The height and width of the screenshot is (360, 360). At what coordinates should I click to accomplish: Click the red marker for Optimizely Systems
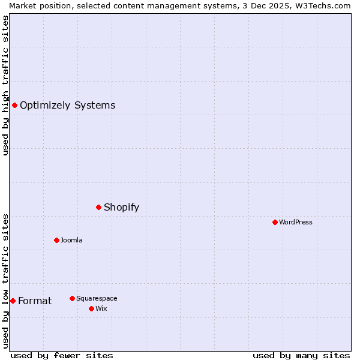pos(14,106)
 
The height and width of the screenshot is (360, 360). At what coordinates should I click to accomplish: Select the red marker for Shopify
pos(98,207)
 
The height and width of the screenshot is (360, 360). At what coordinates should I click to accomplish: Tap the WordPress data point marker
pos(275,222)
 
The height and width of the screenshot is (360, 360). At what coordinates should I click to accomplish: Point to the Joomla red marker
pos(56,240)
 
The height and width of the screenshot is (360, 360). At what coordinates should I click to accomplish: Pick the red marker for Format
pos(13,301)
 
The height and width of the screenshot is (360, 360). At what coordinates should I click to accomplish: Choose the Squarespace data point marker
pos(72,298)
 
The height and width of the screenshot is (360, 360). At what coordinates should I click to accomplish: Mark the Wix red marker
pos(91,308)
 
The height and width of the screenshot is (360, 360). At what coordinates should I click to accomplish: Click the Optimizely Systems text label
pos(67,106)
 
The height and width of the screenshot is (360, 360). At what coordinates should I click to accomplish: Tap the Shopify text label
pos(121,208)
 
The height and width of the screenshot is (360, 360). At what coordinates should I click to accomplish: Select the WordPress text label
pos(295,222)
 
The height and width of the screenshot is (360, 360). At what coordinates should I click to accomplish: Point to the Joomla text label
pos(71,240)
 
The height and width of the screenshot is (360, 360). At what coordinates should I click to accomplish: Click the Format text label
pos(35,301)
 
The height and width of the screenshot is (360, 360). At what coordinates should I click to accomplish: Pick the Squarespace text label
pos(97,298)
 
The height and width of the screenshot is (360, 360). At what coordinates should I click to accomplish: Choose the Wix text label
pos(101,308)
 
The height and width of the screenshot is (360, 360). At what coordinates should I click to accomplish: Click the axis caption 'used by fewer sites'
pos(62,355)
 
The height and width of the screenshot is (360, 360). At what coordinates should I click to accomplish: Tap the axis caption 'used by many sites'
pos(301,355)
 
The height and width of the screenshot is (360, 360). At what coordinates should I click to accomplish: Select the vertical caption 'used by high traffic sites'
pos(5,85)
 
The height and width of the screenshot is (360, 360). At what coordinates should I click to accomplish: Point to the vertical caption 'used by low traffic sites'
pos(5,280)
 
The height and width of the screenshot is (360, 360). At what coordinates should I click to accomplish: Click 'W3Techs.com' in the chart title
pos(325,5)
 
